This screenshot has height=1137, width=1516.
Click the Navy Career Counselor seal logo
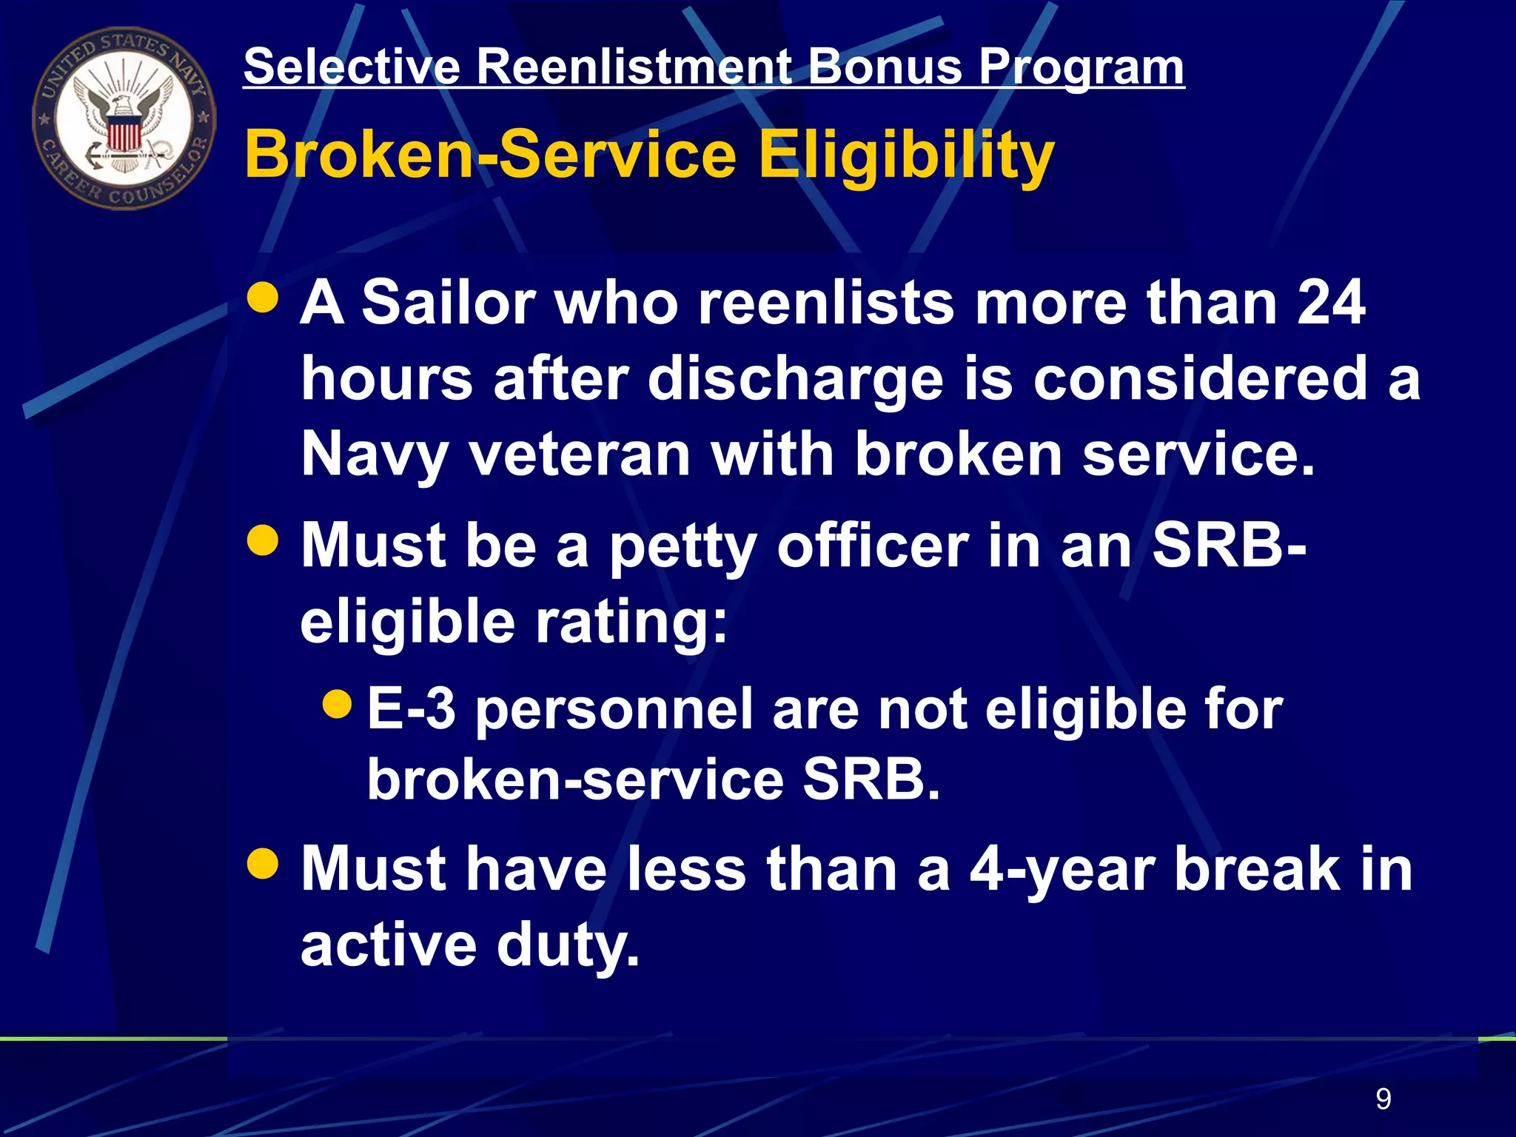click(124, 118)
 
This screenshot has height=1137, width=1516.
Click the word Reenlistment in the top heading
click(634, 67)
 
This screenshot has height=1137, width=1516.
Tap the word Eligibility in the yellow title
click(906, 155)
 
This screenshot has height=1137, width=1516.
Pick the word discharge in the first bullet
click(796, 378)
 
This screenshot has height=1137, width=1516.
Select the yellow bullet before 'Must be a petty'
click(263, 541)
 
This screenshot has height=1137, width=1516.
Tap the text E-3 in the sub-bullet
click(412, 708)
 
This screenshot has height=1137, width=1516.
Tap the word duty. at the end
click(567, 946)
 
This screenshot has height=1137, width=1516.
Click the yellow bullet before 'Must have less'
click(263, 863)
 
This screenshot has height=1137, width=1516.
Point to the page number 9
click(1383, 1099)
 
